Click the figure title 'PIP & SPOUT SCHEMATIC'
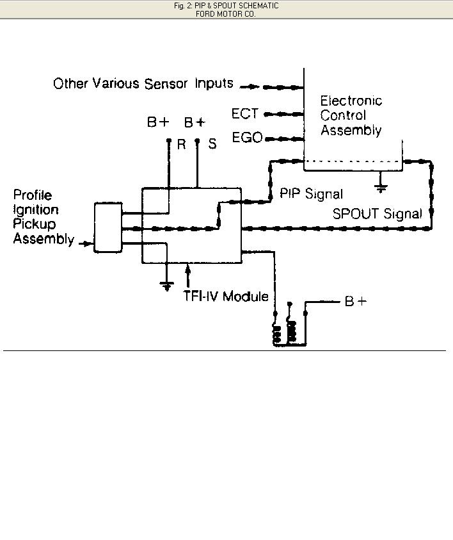pos(226,6)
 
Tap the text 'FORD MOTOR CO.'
pos(226,13)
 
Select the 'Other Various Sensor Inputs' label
pos(143,84)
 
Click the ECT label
pos(244,114)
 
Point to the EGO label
pos(247,137)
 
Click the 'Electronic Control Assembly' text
pos(351,116)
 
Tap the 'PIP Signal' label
pos(311,193)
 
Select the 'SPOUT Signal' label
pos(377,214)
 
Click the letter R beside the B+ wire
pos(182,145)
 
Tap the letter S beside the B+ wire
pos(212,145)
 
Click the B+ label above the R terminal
pos(158,122)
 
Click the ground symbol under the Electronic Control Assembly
pos(381,188)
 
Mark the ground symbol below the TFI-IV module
pos(166,284)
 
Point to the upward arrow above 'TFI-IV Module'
pos(188,275)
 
